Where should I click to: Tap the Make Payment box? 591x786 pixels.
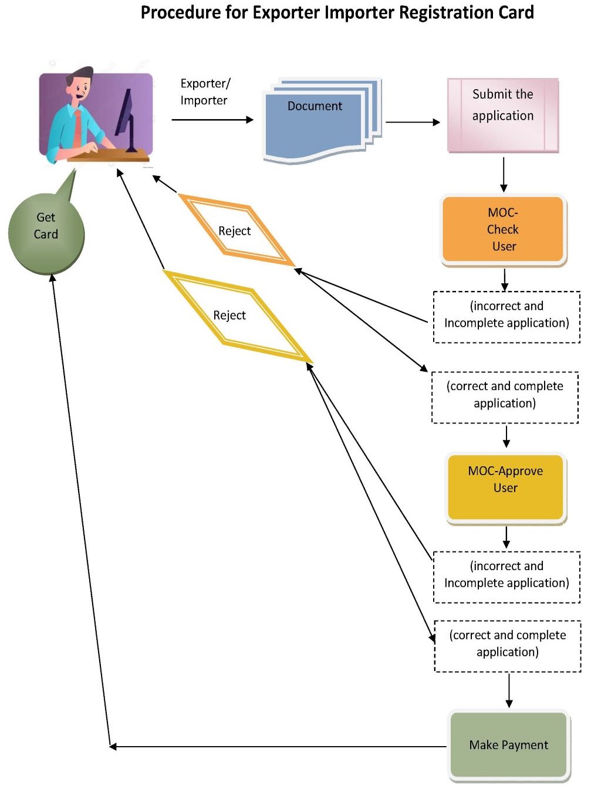(x=508, y=744)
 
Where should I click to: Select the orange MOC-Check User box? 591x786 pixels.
(x=503, y=229)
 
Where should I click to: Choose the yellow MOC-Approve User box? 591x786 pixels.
(x=505, y=486)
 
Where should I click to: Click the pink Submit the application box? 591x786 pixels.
(x=503, y=115)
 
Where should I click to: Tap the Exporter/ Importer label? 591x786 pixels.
(x=205, y=92)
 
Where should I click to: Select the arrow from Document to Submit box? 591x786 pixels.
(x=412, y=122)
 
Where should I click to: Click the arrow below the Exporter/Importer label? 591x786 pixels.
(x=212, y=120)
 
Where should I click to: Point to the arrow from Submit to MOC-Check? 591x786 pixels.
(x=504, y=174)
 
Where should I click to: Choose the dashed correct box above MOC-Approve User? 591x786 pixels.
(x=505, y=397)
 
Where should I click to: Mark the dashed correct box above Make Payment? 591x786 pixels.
(x=508, y=646)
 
